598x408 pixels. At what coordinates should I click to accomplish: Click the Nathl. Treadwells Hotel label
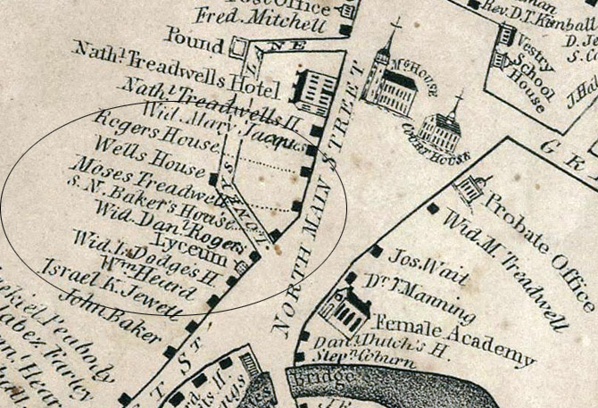pyautogui.click(x=179, y=65)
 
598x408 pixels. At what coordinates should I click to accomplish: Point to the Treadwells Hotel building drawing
pyautogui.click(x=314, y=89)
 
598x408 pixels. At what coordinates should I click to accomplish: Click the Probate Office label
pyautogui.click(x=536, y=222)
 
